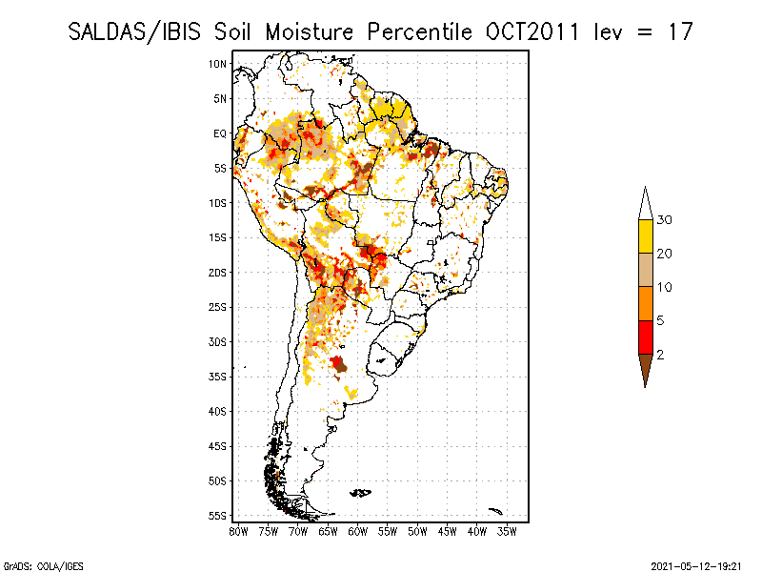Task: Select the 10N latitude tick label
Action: point(218,64)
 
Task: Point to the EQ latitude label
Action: point(220,133)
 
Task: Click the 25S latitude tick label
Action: point(218,307)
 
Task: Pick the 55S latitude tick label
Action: point(218,515)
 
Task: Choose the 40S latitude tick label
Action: point(218,411)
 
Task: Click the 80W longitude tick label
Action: point(238,531)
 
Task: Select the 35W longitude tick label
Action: point(508,531)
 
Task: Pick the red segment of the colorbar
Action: point(645,337)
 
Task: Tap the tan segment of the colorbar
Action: point(645,270)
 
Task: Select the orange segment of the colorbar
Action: point(645,303)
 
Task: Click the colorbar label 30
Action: point(665,220)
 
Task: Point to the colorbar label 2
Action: point(661,354)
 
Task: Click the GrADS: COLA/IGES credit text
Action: point(34,564)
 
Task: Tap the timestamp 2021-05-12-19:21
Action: point(695,564)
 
